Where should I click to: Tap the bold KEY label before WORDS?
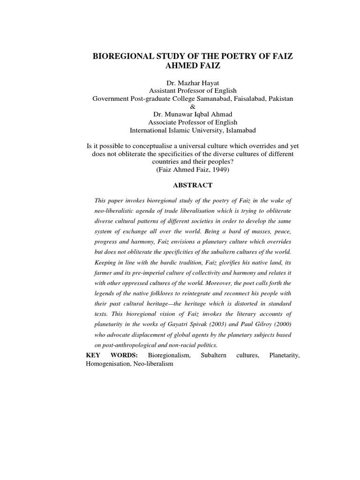tap(94, 356)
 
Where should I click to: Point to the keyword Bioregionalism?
tap(169, 356)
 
